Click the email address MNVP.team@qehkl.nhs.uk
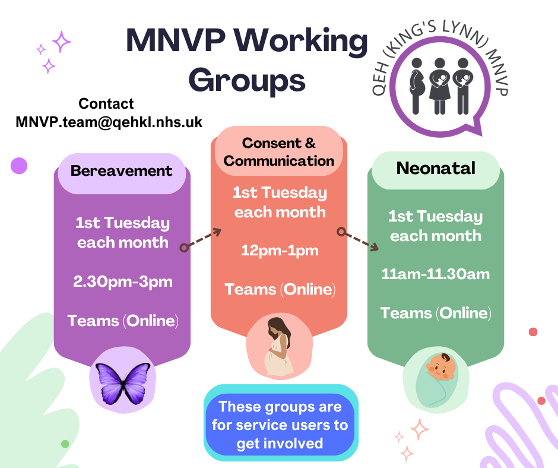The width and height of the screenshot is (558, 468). [109, 122]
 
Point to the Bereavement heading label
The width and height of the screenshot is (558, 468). [121, 171]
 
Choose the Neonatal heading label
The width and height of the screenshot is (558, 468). [436, 168]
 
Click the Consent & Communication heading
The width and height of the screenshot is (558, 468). [279, 152]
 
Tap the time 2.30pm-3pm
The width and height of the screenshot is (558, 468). [123, 281]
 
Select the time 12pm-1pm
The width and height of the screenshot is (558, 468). [280, 251]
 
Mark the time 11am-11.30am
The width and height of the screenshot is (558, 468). [435, 274]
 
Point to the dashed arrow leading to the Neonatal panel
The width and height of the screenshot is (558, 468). [359, 239]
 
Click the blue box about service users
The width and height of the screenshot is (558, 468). [280, 425]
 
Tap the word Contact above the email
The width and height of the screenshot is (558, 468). [106, 103]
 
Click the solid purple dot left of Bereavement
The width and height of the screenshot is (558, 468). [19, 166]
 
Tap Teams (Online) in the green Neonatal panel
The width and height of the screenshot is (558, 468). [436, 313]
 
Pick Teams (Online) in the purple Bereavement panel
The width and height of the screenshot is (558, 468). [123, 321]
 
